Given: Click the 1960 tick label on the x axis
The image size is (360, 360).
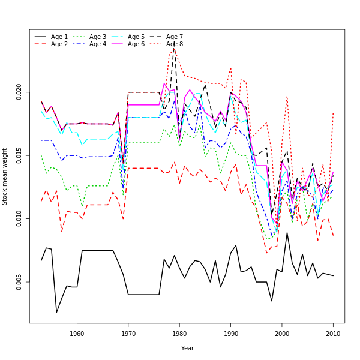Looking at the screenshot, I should click(x=77, y=334).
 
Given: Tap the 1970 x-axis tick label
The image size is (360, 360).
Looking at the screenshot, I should click(x=128, y=334).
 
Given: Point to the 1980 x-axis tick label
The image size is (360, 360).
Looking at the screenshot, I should click(x=179, y=334).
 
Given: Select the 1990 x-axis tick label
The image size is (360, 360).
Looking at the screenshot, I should click(x=230, y=334).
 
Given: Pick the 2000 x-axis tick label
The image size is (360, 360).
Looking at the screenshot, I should click(x=282, y=334).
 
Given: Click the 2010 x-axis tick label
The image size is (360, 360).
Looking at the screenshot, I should click(x=333, y=334).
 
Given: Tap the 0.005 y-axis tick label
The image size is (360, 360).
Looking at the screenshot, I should click(x=19, y=282).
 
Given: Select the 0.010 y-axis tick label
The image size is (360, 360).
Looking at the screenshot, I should click(x=19, y=218).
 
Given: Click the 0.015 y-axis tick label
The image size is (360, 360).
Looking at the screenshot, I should click(x=19, y=155).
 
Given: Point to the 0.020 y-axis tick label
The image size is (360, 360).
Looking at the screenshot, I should click(x=19, y=92).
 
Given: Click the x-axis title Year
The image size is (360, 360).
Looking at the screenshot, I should click(x=187, y=348).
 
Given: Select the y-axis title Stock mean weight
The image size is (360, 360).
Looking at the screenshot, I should click(x=5, y=176).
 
